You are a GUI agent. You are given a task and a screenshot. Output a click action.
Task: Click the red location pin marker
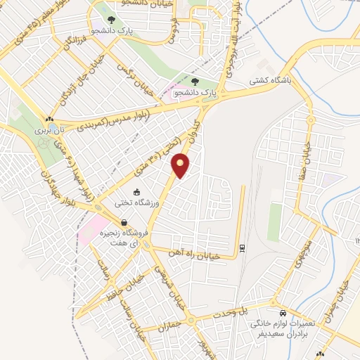181,165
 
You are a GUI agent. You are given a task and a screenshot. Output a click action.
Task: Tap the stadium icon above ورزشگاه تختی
136,192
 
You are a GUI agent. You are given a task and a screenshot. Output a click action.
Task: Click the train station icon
243,247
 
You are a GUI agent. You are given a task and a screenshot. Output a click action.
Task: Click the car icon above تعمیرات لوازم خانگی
282,312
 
